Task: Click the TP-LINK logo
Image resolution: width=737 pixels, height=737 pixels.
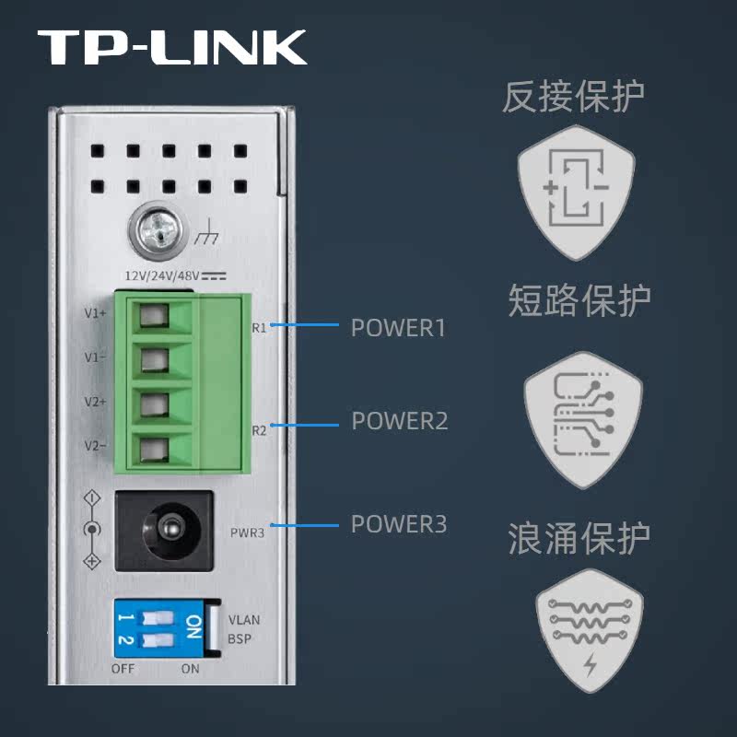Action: [x=172, y=46]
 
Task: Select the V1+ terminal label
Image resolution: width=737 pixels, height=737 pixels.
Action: [x=95, y=313]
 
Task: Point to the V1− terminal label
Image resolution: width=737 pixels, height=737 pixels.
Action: [x=95, y=357]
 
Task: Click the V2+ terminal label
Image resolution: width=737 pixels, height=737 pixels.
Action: [x=95, y=402]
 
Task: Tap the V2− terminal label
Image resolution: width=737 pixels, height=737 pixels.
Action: [x=95, y=446]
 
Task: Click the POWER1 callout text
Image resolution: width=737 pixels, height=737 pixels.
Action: [x=398, y=328]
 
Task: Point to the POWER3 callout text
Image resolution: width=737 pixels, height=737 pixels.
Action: [x=399, y=524]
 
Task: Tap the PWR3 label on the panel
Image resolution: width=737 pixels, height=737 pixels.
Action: [x=247, y=532]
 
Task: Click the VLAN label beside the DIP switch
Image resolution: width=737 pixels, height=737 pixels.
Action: [x=243, y=620]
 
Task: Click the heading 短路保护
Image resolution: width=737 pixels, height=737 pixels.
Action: [x=579, y=300]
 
